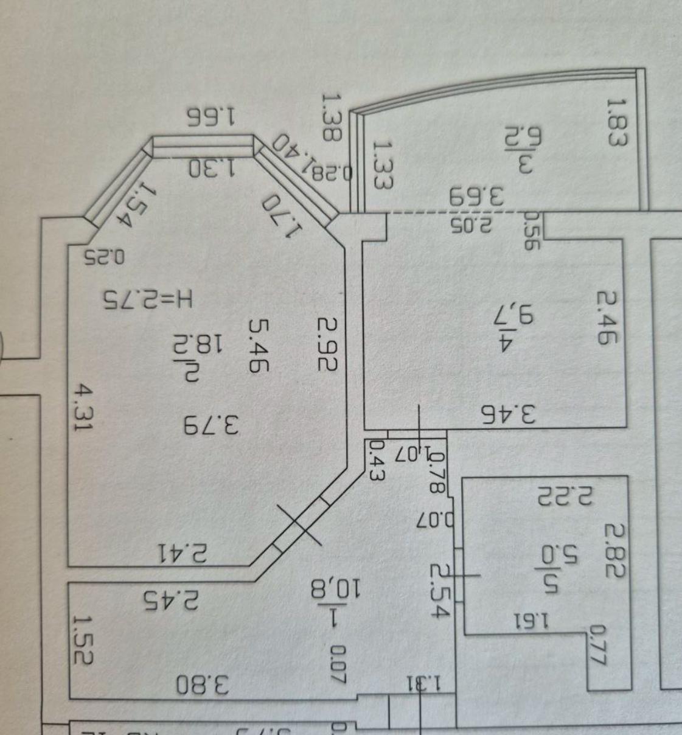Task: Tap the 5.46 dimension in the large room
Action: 259,344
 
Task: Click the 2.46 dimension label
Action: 608,318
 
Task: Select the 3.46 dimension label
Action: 509,415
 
